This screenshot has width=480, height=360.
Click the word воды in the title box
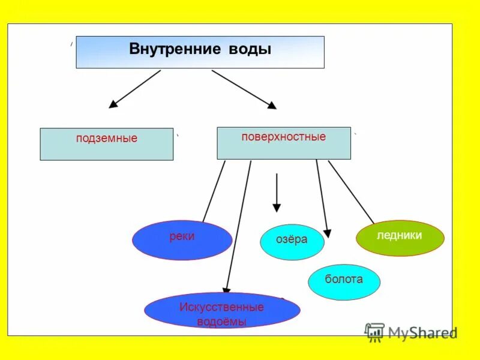click(x=250, y=49)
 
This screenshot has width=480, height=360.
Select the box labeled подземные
click(x=107, y=144)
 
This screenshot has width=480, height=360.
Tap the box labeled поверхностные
click(x=283, y=143)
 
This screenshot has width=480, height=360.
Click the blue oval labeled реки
click(x=182, y=240)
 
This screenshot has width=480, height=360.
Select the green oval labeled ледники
click(x=400, y=238)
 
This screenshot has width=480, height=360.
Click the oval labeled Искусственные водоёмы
click(x=222, y=310)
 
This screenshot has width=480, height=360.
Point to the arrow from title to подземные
click(x=135, y=89)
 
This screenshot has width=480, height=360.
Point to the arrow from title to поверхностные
click(x=244, y=89)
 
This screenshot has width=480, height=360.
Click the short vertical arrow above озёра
click(x=277, y=192)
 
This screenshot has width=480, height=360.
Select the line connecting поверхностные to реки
click(x=214, y=191)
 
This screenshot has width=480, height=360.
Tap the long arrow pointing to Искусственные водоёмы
click(x=238, y=228)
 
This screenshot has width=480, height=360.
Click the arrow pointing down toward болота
click(x=322, y=198)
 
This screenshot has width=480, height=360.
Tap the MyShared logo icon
click(x=374, y=332)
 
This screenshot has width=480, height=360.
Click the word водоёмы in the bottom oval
click(x=221, y=321)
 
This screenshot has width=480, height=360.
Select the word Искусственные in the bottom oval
click(x=221, y=307)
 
